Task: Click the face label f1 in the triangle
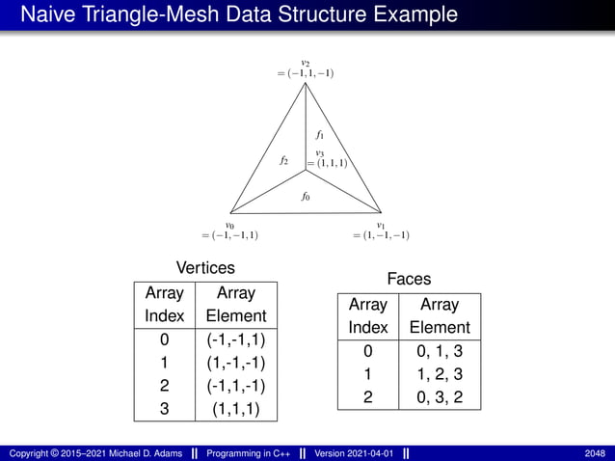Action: coord(319,135)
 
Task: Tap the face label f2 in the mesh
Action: coord(284,160)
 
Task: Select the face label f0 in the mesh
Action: coord(306,197)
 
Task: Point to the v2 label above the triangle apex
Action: coord(305,63)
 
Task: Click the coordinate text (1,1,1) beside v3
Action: coord(329,164)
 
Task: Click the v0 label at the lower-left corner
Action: coord(230,224)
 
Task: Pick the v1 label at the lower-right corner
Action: coord(381,224)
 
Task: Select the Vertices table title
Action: coord(205,267)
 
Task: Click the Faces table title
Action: coord(409,279)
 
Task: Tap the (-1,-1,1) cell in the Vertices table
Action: coord(236,339)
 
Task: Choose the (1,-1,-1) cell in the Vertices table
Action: coord(236,363)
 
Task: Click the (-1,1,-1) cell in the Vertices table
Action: coord(236,386)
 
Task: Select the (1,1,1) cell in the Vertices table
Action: coord(236,409)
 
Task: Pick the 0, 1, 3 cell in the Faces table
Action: coord(440,351)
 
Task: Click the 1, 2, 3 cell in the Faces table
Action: coord(440,374)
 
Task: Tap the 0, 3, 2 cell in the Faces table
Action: coord(440,397)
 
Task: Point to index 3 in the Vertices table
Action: coord(164,409)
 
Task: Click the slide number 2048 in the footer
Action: coord(595,453)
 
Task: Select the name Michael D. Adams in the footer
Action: coord(144,453)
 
